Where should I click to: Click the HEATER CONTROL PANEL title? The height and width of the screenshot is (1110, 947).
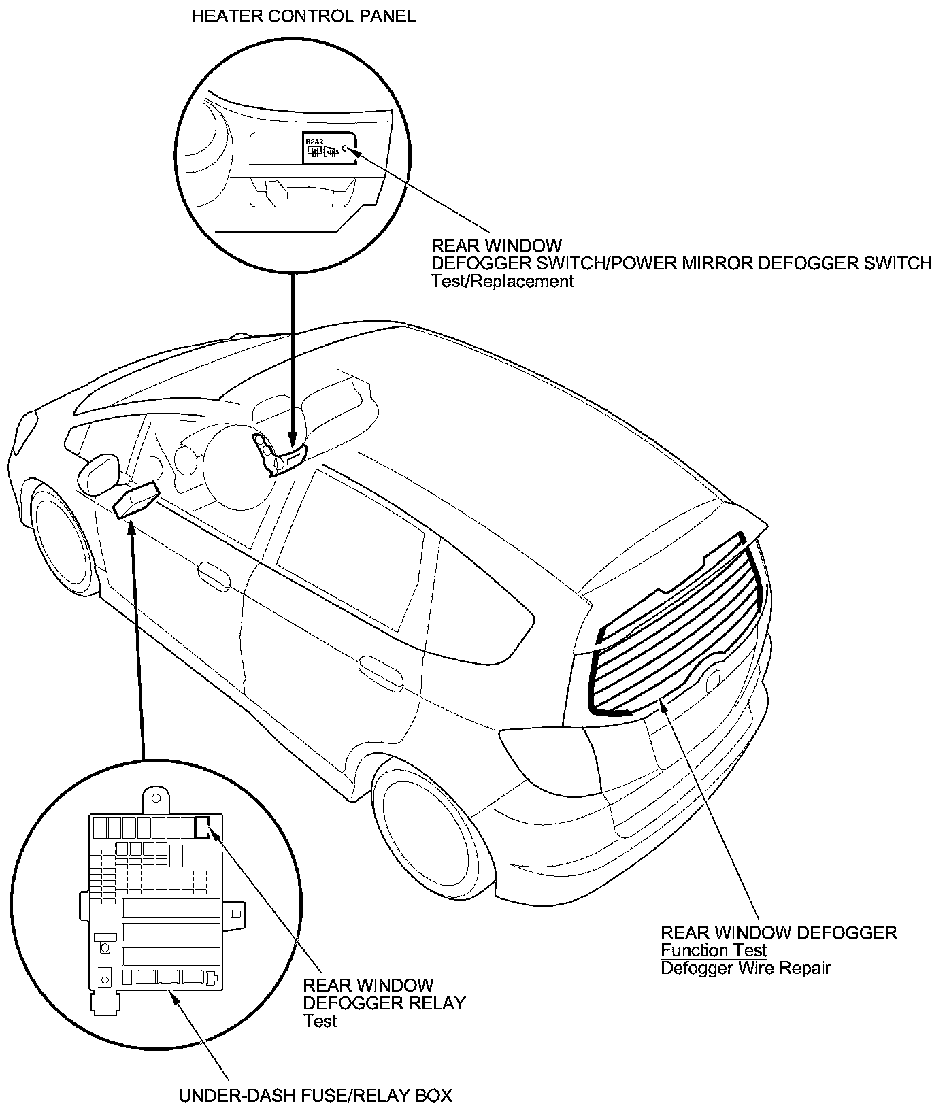[304, 17]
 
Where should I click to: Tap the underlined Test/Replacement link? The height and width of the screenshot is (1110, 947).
[502, 282]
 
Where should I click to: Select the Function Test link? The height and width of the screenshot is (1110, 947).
[714, 950]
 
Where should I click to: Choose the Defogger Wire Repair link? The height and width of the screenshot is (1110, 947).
[746, 968]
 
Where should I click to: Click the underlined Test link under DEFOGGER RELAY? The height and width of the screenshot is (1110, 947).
[320, 1021]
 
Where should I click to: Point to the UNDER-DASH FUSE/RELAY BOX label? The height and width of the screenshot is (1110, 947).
[315, 1096]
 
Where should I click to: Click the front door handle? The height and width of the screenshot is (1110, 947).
[214, 574]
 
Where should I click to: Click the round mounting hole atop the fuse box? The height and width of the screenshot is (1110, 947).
[156, 798]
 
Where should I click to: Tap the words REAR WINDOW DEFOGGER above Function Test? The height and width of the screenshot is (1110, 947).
[779, 932]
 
